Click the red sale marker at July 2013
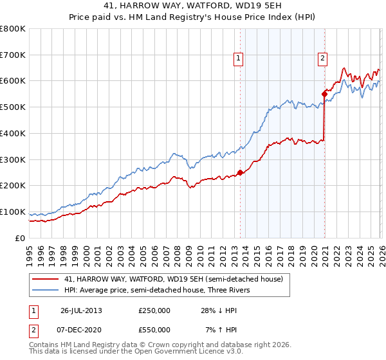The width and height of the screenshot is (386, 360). coord(240,172)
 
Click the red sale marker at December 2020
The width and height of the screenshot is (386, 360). coord(324,94)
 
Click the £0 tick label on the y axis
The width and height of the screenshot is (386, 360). coord(21,238)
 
